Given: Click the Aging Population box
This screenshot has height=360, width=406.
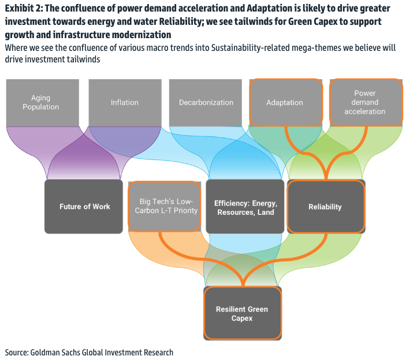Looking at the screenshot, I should point(45,102).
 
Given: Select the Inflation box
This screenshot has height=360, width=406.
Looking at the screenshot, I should point(125,102).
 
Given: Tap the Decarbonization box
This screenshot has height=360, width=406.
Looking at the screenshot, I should point(206,102).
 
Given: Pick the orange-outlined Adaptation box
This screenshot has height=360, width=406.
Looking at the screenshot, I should point(285,102).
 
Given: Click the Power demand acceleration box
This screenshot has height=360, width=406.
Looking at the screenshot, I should point(364,102).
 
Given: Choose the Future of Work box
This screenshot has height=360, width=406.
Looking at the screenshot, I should point(84,206).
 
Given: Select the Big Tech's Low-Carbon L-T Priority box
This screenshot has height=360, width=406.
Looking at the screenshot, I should point(166,206).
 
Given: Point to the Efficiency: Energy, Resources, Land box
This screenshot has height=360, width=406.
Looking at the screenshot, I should point(245,206).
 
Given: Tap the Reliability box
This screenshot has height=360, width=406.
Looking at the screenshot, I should point(325,206).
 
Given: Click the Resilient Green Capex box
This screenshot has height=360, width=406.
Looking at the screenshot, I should point(242,313).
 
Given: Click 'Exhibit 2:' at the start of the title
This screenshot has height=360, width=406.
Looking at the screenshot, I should point(24,8).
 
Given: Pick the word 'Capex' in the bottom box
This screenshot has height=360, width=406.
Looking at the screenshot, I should point(242,318).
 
